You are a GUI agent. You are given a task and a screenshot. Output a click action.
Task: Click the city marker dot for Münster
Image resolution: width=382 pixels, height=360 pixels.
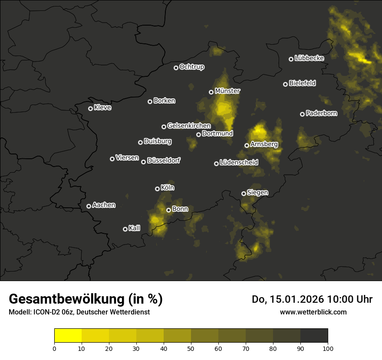click(211, 92)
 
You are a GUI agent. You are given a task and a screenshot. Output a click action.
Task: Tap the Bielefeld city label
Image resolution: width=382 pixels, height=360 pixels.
click(302, 83)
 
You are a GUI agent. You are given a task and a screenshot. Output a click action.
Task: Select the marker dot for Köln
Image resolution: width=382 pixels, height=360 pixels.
click(157, 189)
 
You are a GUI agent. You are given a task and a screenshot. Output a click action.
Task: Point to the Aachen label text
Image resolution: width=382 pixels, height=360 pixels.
click(104, 205)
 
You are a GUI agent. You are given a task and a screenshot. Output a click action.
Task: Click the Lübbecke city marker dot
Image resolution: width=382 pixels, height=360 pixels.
click(291, 59)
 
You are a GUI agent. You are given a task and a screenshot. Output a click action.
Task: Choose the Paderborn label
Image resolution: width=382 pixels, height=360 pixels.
click(321, 113)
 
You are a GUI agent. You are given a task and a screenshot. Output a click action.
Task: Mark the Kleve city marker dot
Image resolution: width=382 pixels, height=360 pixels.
click(90, 108)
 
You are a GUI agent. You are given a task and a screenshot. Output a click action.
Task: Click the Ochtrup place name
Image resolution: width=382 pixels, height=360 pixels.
click(191, 67)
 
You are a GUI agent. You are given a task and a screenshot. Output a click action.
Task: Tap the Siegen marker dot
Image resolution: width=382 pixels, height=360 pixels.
click(244, 193)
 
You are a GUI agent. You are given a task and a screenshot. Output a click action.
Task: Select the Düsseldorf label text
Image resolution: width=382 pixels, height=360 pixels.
click(163, 160)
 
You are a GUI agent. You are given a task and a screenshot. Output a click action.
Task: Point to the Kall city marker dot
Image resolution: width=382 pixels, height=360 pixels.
click(125, 229)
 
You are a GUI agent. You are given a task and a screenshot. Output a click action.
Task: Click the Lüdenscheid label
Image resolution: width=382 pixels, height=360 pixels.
click(239, 163)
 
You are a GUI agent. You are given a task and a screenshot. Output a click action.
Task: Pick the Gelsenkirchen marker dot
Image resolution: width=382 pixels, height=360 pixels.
click(164, 127)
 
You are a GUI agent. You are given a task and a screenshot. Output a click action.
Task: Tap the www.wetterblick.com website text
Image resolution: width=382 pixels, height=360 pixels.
click(313, 312)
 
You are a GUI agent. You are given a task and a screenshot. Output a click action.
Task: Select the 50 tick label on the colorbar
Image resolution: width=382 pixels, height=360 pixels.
click(191, 348)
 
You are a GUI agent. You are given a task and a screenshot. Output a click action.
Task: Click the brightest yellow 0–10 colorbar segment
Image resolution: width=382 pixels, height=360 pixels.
click(68, 336)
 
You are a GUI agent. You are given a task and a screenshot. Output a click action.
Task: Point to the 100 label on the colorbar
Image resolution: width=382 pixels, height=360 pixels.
click(328, 348)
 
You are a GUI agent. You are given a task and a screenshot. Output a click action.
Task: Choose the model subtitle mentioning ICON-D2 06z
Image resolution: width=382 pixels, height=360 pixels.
click(79, 312)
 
